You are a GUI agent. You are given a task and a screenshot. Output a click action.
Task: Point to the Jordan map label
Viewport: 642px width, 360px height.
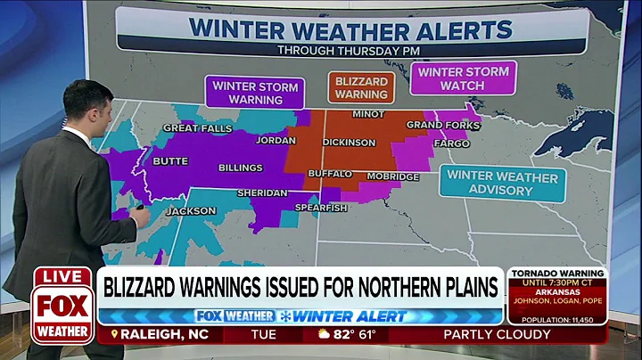pos(276,141)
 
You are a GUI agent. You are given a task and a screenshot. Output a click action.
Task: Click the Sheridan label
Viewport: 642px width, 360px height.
pos(261,192)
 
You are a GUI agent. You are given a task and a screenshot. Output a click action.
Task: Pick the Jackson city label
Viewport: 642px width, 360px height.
pos(191,211)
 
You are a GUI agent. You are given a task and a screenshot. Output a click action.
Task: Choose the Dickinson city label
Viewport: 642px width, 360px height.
pos(350,143)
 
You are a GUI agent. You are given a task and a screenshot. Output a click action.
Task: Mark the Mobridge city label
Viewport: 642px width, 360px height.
pos(392,176)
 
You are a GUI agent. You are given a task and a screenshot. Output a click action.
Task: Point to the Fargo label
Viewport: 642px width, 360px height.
pos(451,143)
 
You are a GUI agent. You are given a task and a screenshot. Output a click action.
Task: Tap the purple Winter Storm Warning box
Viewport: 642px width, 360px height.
pos(255,93)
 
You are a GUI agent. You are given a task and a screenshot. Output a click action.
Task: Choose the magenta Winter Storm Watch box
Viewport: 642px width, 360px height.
pos(463,78)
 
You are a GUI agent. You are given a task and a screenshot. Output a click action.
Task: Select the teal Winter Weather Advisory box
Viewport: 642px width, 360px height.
pos(503,183)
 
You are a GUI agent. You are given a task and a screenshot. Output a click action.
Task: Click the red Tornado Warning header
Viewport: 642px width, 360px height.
pos(557,273)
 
